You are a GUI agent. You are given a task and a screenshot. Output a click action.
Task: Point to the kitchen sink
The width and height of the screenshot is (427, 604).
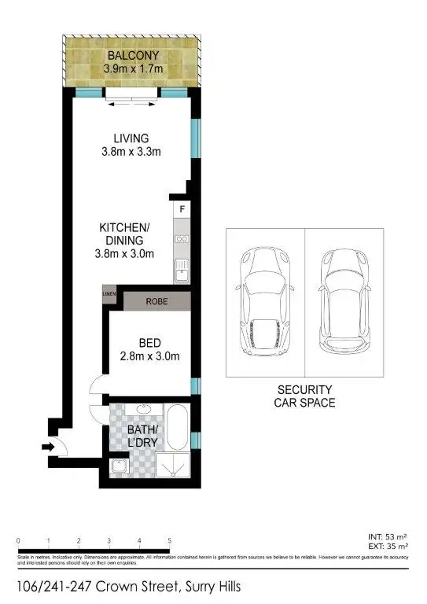point(182,272)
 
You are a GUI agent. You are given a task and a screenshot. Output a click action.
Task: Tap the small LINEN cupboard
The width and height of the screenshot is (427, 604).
point(109,295)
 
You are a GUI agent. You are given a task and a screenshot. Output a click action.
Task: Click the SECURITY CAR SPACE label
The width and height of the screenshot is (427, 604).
point(304,396)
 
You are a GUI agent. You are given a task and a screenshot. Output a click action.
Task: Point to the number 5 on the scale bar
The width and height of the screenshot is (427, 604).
point(169,541)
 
